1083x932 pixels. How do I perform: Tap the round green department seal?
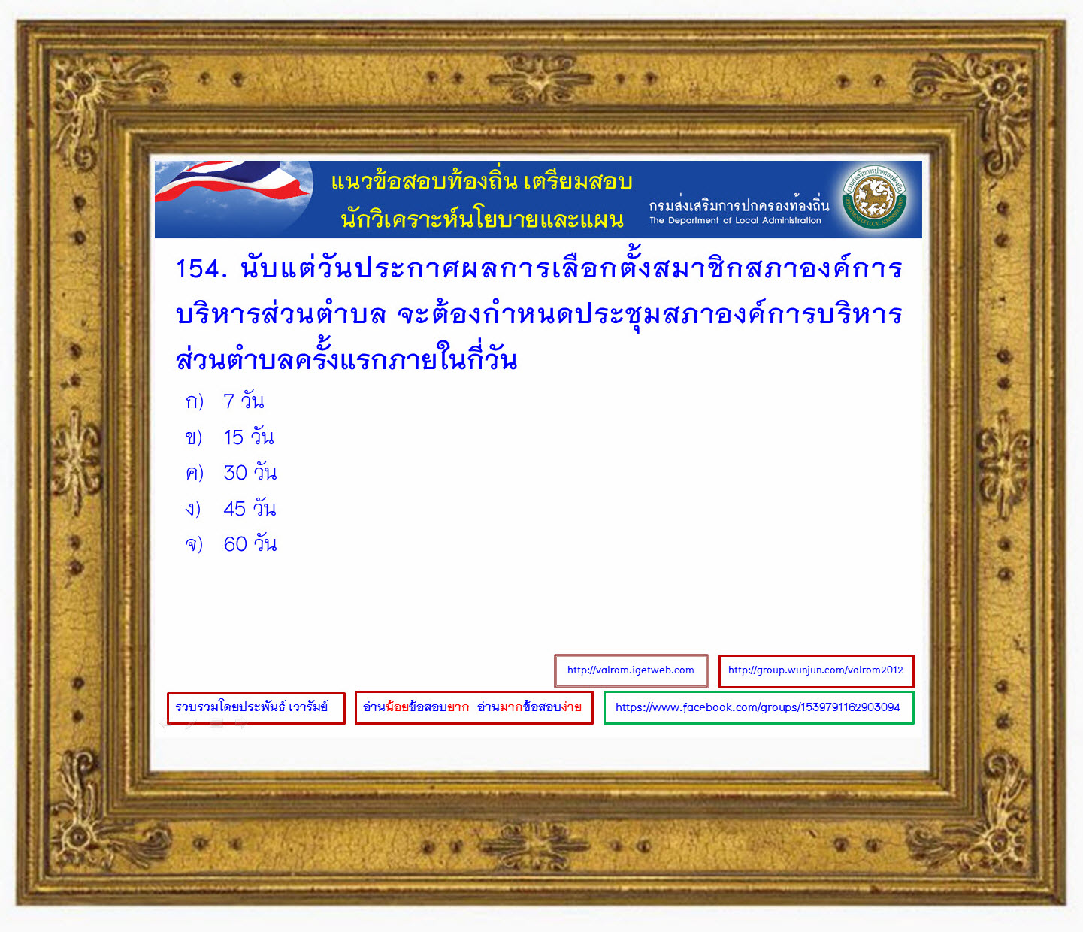(874, 198)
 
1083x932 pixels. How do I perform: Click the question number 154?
(201, 269)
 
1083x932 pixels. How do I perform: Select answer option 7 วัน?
(244, 401)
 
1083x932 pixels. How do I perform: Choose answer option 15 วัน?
(248, 437)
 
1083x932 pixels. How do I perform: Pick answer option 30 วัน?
(250, 473)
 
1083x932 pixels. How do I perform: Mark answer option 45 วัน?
(250, 508)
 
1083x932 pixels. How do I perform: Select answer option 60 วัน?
(250, 544)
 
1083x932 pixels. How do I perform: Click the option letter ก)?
(194, 402)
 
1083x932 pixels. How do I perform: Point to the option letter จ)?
(194, 544)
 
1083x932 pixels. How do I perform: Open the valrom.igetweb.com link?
(631, 670)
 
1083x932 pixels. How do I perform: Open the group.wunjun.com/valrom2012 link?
(815, 670)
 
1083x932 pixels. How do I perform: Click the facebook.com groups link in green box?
(758, 708)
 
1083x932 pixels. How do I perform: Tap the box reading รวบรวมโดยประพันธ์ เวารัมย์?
(256, 708)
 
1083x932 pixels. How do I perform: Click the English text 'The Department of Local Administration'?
(735, 220)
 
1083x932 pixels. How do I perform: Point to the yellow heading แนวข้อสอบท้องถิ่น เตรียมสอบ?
(482, 181)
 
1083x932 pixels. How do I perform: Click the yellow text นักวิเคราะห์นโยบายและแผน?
(482, 219)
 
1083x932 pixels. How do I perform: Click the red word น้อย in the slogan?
(397, 707)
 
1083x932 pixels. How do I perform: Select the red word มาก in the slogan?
(511, 707)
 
